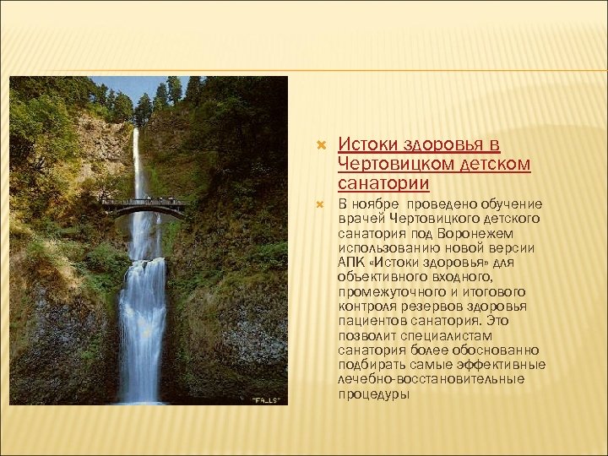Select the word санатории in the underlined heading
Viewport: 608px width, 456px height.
point(383,182)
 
